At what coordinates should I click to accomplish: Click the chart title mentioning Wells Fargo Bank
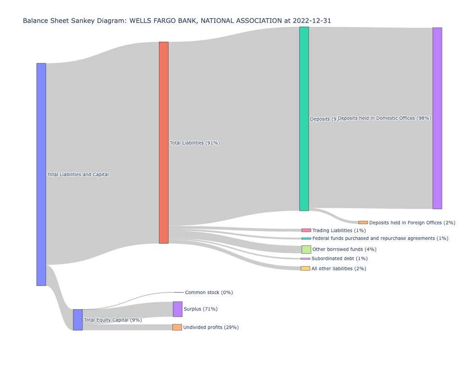177,21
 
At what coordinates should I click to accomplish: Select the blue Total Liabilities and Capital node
41,174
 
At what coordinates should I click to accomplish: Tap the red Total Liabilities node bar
164,143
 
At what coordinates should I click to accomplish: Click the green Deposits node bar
304,119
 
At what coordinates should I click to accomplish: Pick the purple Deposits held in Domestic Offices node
437,118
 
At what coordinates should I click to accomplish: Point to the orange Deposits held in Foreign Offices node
363,222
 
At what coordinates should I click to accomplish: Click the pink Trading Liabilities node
306,230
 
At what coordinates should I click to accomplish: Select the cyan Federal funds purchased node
306,239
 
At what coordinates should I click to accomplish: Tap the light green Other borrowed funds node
306,250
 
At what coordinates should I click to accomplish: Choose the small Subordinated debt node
305,259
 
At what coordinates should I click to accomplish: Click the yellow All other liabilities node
305,268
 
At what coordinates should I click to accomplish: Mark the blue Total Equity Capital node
78,320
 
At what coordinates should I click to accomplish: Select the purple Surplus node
178,309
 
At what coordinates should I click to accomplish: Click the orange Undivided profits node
177,328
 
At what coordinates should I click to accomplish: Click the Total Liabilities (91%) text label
195,143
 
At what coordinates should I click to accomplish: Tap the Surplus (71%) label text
201,309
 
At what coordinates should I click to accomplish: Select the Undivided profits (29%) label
211,328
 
